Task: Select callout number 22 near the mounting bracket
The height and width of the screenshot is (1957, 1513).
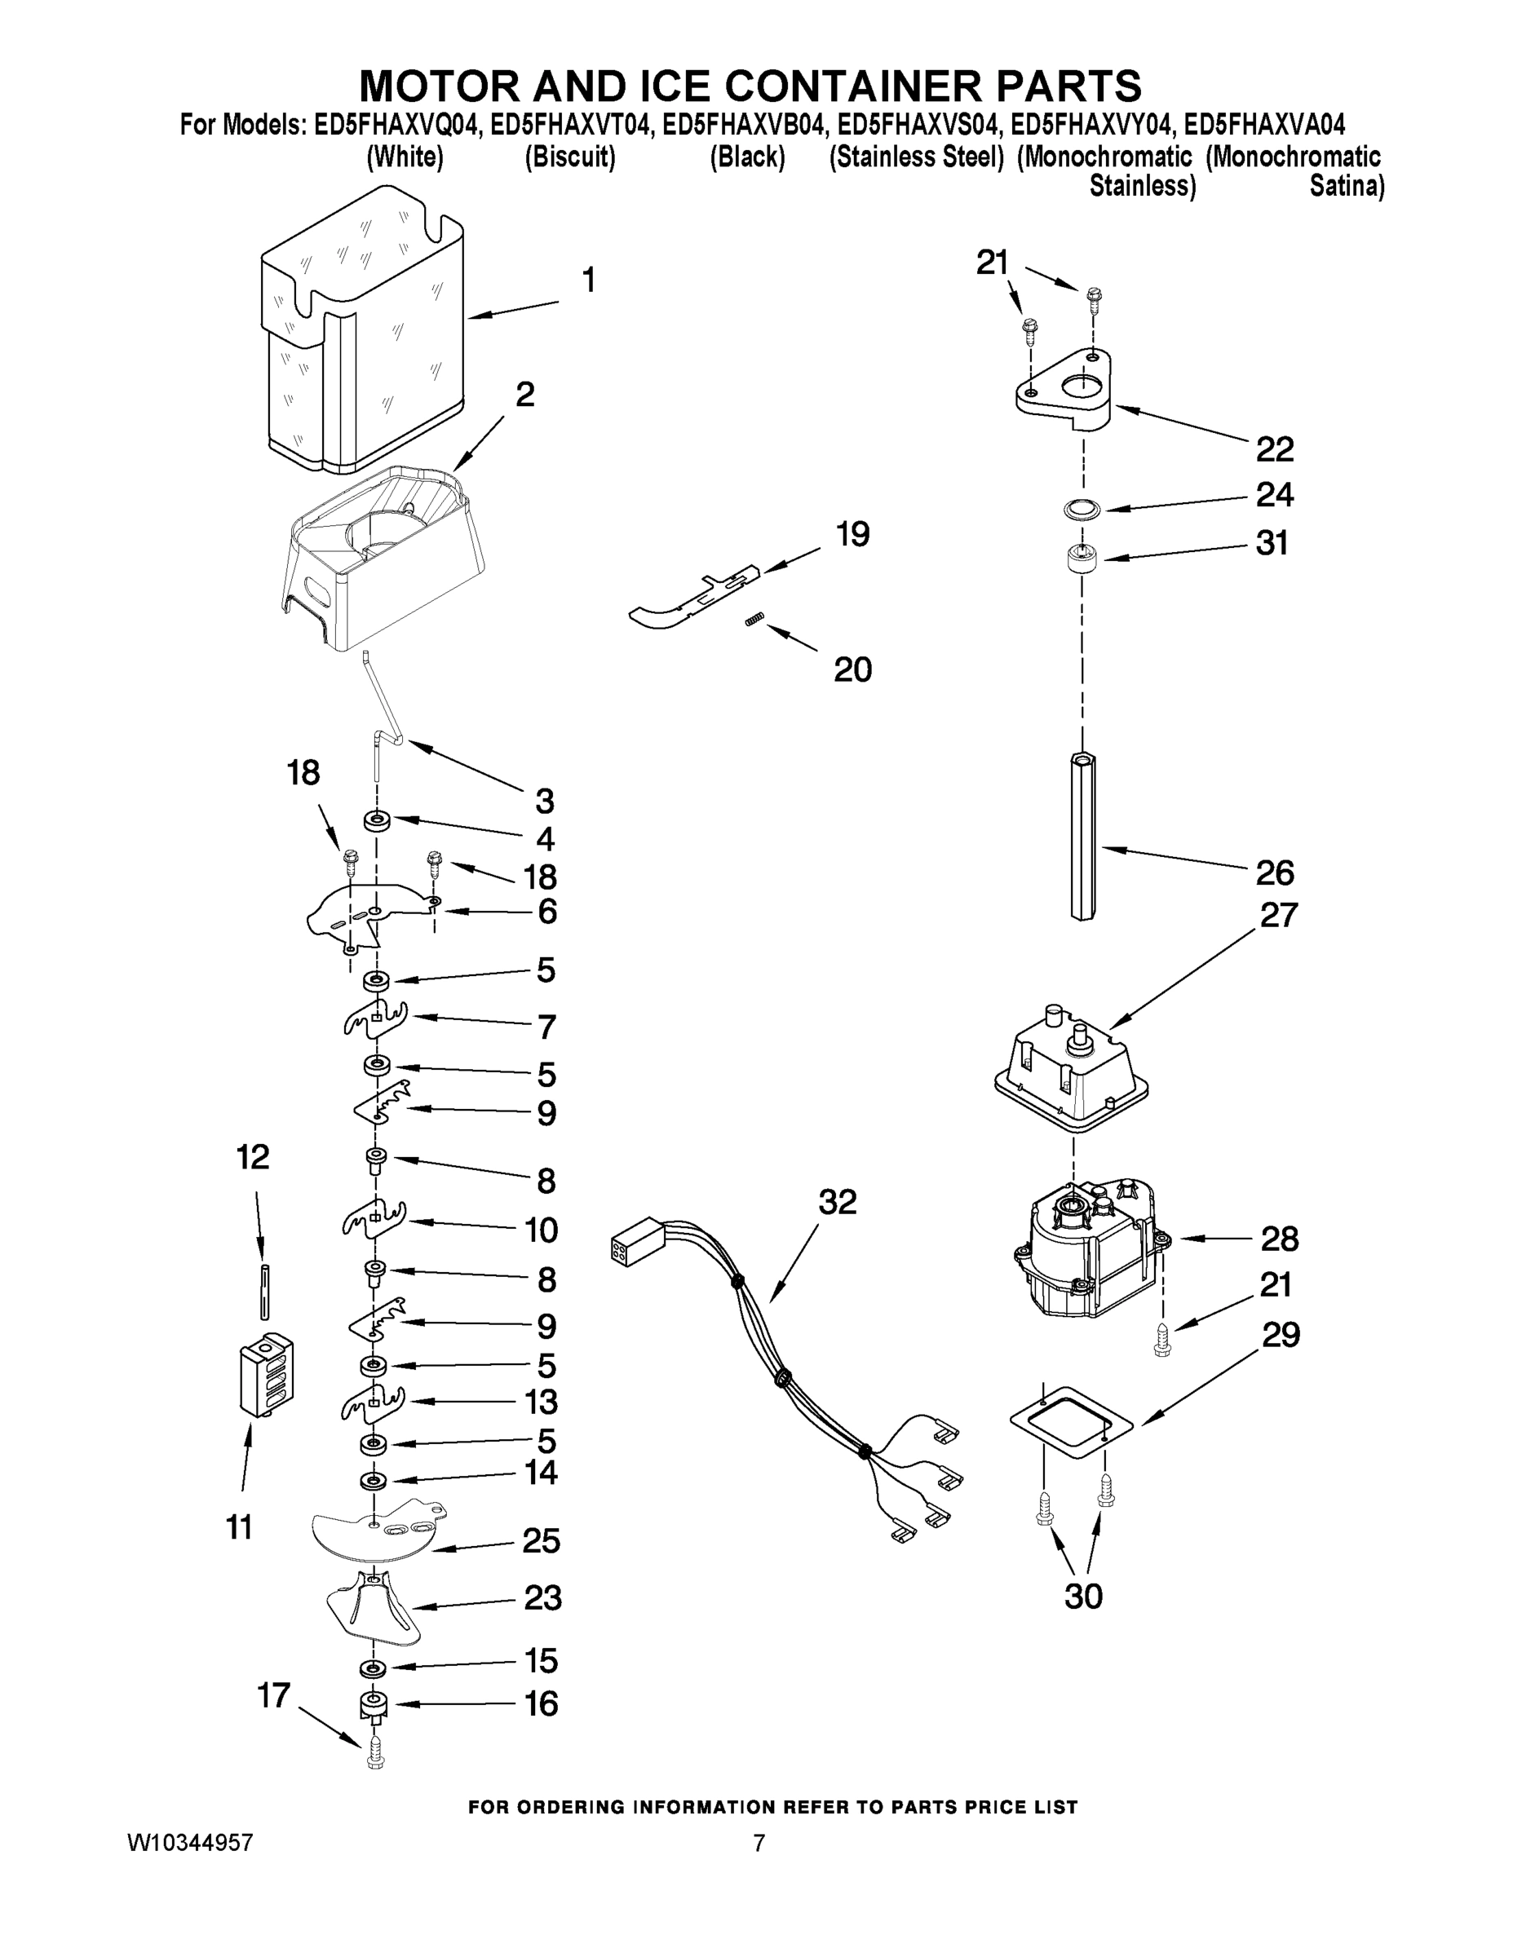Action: [x=1274, y=449]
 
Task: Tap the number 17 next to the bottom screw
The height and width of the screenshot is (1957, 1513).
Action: [x=273, y=1695]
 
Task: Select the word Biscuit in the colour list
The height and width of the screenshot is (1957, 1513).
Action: [x=570, y=157]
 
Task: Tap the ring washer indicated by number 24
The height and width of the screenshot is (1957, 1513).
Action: [x=1079, y=510]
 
